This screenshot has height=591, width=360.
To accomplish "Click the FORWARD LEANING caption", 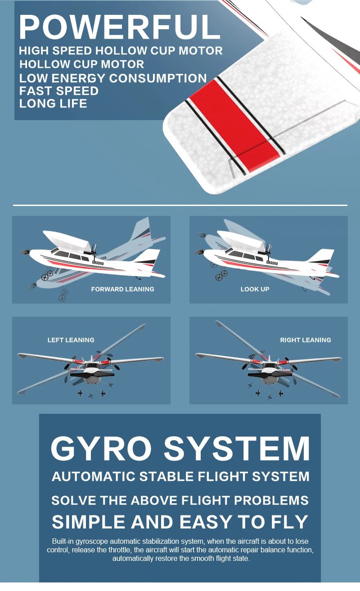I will tap(122, 289).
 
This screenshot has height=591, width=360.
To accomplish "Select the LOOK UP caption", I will tap(255, 289).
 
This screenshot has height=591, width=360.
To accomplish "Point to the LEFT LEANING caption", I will tap(71, 340).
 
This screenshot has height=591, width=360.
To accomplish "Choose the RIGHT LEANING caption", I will tap(305, 340).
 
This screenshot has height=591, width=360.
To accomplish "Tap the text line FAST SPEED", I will tap(58, 91).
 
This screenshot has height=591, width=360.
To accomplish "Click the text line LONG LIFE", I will tap(53, 103).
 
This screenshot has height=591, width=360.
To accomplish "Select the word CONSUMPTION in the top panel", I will tap(158, 78).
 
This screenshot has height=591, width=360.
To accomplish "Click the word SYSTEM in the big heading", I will tap(236, 448).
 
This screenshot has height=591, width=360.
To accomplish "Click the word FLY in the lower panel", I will tap(288, 522).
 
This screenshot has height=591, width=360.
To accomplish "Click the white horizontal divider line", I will tap(180, 205).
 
